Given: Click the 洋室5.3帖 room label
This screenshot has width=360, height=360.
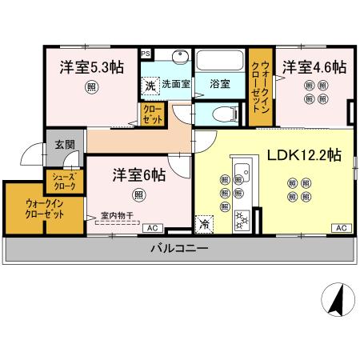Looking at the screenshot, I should (x=90, y=67).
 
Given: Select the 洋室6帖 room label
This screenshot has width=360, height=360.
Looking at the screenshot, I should (x=138, y=174).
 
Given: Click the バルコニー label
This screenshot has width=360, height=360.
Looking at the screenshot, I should (x=179, y=249).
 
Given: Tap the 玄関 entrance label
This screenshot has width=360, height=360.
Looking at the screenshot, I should (x=64, y=145).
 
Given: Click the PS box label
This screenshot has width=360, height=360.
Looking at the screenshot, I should (x=146, y=54).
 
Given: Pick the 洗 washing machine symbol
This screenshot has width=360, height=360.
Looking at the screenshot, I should (x=150, y=84).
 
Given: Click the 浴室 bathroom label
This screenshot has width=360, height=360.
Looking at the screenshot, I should (x=220, y=82).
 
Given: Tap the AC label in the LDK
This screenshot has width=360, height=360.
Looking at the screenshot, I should (x=340, y=229).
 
